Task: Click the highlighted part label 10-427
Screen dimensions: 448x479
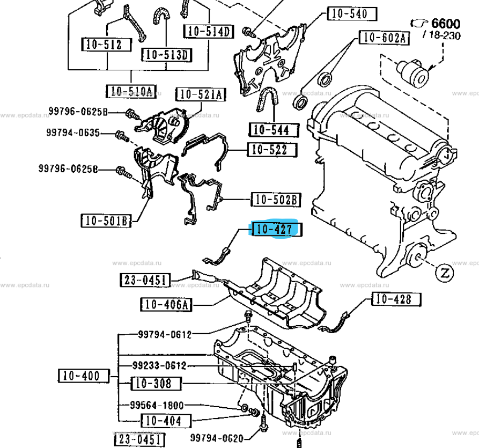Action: click(x=275, y=230)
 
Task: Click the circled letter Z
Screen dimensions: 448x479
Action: click(x=444, y=273)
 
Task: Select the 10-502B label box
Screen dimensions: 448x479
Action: click(x=276, y=200)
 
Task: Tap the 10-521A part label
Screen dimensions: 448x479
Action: click(x=201, y=95)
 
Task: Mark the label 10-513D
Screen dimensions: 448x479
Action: click(x=167, y=54)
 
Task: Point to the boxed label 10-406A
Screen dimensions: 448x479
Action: click(x=166, y=305)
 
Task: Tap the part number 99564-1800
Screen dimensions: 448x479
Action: click(x=157, y=405)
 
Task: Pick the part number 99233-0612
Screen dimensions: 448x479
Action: click(x=159, y=366)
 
